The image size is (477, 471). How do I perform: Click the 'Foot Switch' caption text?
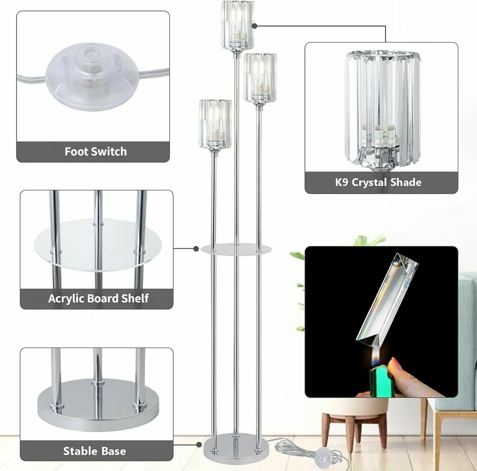pyautogui.click(x=95, y=152)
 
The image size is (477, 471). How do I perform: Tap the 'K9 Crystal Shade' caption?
pyautogui.click(x=378, y=182)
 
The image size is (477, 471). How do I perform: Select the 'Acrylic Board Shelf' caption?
pyautogui.click(x=98, y=299)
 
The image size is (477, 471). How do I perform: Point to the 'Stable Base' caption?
pyautogui.click(x=95, y=451)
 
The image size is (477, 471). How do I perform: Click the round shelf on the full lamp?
pyautogui.click(x=236, y=250)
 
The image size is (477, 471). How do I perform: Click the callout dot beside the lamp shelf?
pyautogui.click(x=196, y=249)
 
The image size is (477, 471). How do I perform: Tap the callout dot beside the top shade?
pyautogui.click(x=254, y=26)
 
